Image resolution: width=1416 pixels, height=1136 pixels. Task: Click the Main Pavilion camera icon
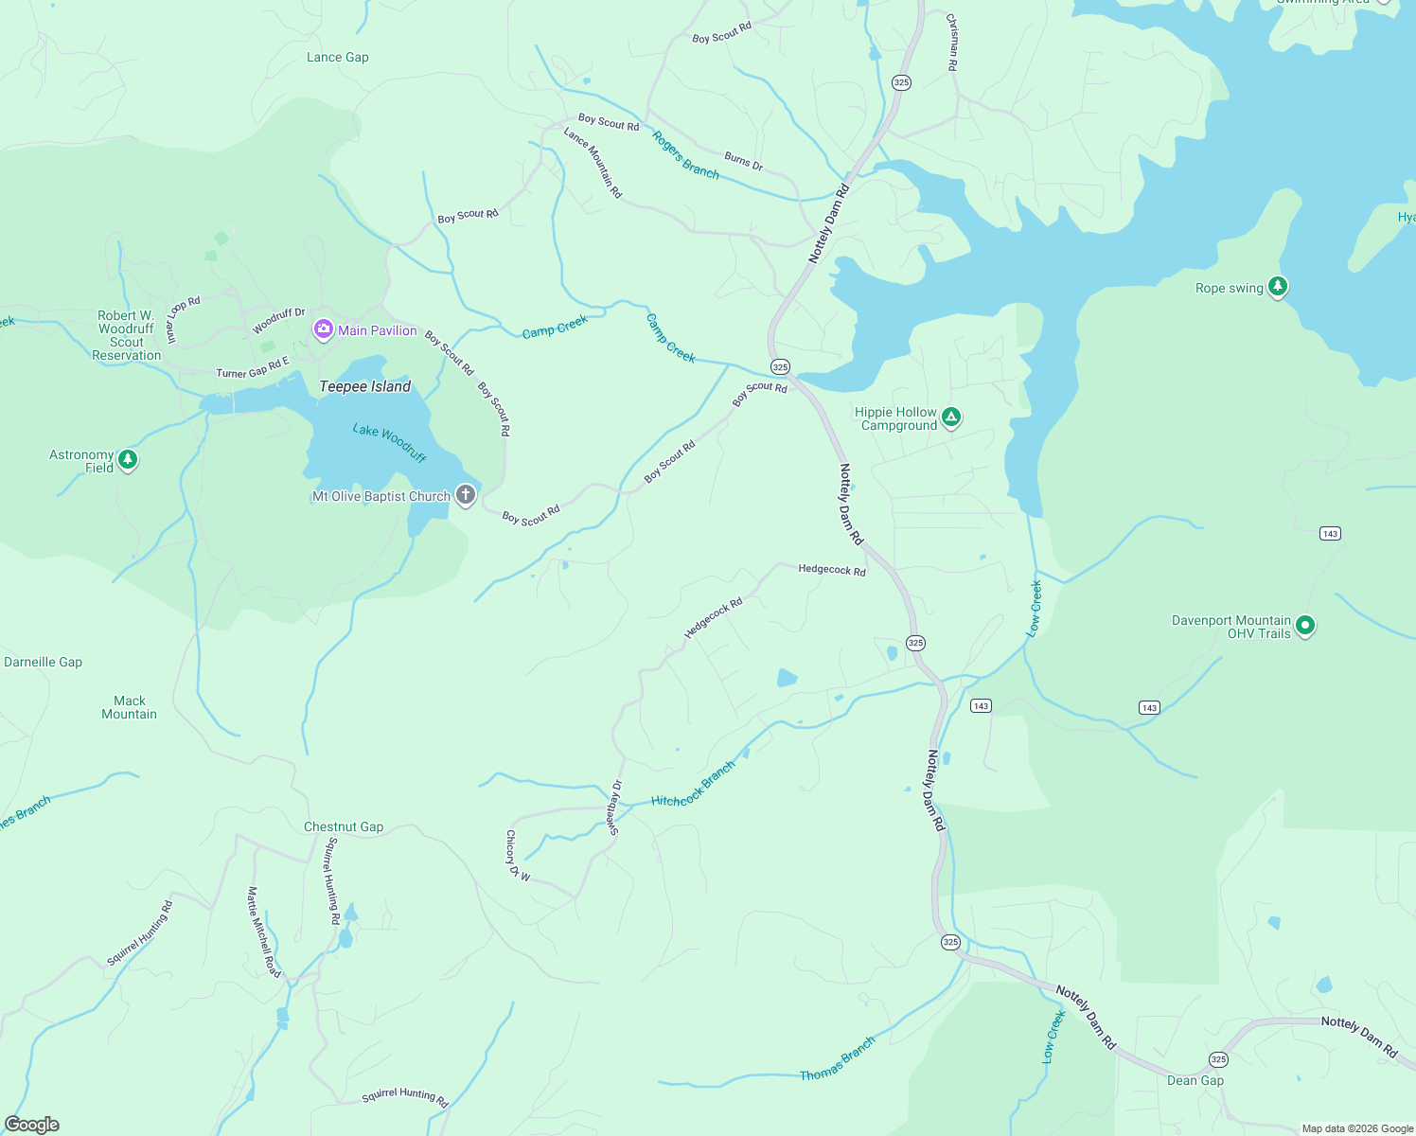pyautogui.click(x=324, y=329)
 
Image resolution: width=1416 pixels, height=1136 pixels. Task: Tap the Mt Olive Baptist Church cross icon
pyautogui.click(x=465, y=495)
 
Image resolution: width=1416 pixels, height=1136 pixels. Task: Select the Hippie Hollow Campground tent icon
pyautogui.click(x=951, y=417)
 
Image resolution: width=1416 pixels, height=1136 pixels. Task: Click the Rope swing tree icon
pyautogui.click(x=1277, y=287)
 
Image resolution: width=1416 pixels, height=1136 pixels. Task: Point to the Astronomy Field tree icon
pyautogui.click(x=128, y=460)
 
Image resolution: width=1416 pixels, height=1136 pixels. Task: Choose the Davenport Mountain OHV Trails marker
pyautogui.click(x=1305, y=626)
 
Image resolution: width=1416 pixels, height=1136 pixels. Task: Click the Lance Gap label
pyautogui.click(x=337, y=58)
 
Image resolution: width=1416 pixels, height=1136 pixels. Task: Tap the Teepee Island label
pyautogui.click(x=364, y=386)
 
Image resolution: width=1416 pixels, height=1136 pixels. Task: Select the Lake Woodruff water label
pyautogui.click(x=389, y=443)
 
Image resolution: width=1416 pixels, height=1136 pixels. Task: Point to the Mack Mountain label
pyautogui.click(x=129, y=707)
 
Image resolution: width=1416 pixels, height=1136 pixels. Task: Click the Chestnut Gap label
pyautogui.click(x=343, y=826)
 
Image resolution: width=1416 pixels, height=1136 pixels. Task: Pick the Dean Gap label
pyautogui.click(x=1195, y=1080)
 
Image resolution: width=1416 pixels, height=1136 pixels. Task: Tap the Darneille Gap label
pyautogui.click(x=43, y=662)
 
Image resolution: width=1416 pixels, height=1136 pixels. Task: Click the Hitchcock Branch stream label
pyautogui.click(x=693, y=785)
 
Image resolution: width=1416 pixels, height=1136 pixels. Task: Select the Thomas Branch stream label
pyautogui.click(x=838, y=1059)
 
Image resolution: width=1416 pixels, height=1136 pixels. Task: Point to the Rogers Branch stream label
pyautogui.click(x=685, y=155)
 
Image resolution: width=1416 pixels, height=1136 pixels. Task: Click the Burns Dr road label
pyautogui.click(x=743, y=161)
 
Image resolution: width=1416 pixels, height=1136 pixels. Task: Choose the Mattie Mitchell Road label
pyautogui.click(x=264, y=932)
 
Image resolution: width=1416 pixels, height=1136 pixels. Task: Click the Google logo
pyautogui.click(x=32, y=1125)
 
